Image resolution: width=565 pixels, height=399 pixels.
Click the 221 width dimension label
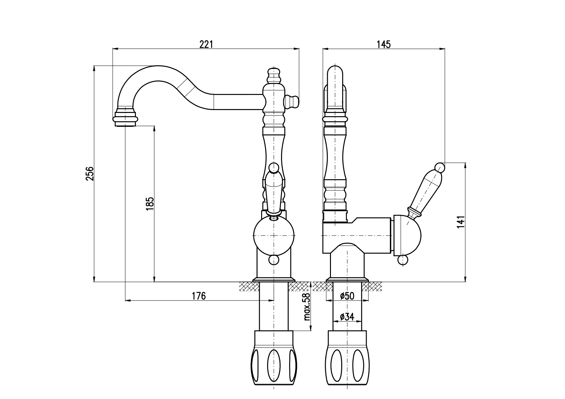206,44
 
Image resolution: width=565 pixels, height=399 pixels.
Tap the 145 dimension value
383,44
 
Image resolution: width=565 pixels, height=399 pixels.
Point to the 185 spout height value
150,204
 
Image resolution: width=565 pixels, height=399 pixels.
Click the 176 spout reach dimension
199,296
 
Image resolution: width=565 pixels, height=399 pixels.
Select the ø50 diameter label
347,296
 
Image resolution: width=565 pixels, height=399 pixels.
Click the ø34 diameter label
347,317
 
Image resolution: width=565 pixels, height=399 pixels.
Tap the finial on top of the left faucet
274,75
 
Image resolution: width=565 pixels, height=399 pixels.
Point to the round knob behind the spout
292,101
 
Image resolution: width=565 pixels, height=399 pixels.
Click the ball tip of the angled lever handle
440,167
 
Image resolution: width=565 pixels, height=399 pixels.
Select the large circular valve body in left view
274,236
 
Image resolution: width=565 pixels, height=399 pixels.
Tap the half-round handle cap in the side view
406,236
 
